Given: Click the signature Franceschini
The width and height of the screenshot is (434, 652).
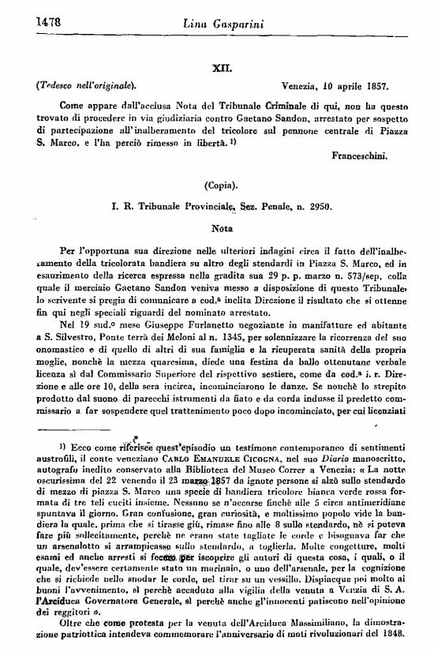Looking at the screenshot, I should [360, 156].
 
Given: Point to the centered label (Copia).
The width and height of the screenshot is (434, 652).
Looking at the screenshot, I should [224, 186].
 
